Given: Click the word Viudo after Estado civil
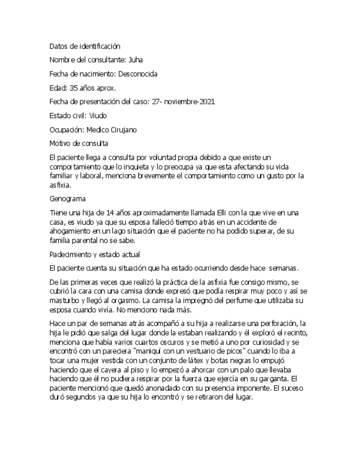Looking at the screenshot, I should [x=98, y=116].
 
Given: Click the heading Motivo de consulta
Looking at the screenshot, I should [x=79, y=144].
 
